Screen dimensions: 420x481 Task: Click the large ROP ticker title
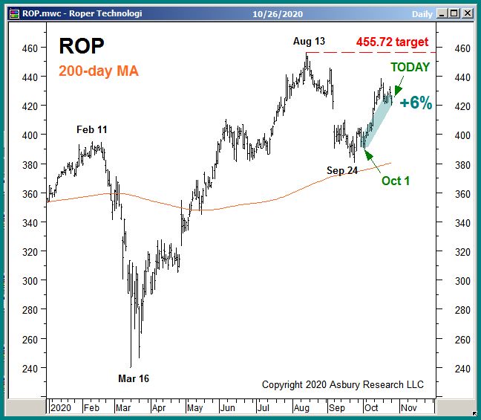tap(82, 46)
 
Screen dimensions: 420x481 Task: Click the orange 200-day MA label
tap(98, 71)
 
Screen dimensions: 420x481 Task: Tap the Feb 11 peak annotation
tap(92, 129)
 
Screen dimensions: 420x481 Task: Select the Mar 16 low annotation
tap(134, 378)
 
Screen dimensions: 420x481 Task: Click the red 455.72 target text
tap(391, 42)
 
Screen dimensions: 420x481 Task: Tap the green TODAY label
tap(410, 67)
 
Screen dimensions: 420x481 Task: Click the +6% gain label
tap(416, 103)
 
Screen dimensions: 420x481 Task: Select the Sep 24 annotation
tap(342, 170)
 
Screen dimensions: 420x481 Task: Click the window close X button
tap(468, 13)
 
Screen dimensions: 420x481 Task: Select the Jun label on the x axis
tap(228, 408)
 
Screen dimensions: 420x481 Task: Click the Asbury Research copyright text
tap(342, 384)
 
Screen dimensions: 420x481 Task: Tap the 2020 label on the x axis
tap(61, 408)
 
